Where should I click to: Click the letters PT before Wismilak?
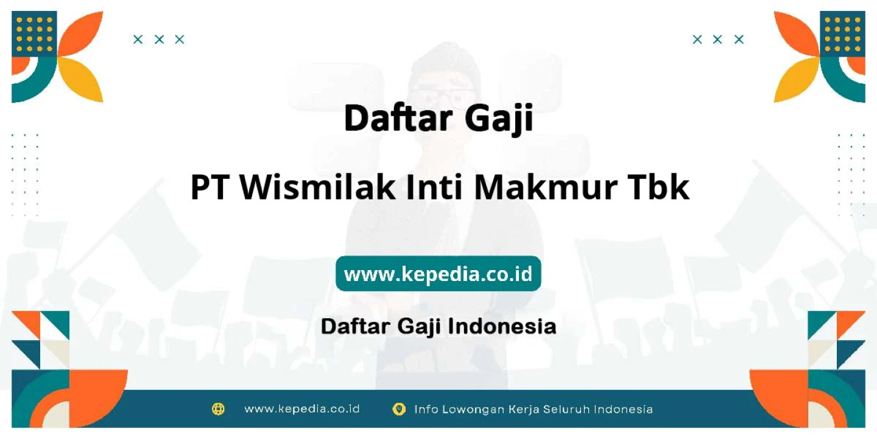[x=210, y=187]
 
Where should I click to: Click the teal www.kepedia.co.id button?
[x=438, y=273]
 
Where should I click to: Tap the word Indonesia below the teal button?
[x=502, y=326]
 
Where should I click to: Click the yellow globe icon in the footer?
[x=218, y=409]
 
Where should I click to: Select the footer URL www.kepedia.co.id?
[x=302, y=409]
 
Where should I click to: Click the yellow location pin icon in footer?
[x=399, y=409]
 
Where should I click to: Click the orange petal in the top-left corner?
[x=81, y=34]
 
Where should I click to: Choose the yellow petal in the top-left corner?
[x=81, y=80]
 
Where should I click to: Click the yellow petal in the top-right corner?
[x=797, y=80]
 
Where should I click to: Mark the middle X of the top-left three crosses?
[x=159, y=40]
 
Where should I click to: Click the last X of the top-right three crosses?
[x=739, y=40]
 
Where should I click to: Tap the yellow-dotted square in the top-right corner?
[x=842, y=34]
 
